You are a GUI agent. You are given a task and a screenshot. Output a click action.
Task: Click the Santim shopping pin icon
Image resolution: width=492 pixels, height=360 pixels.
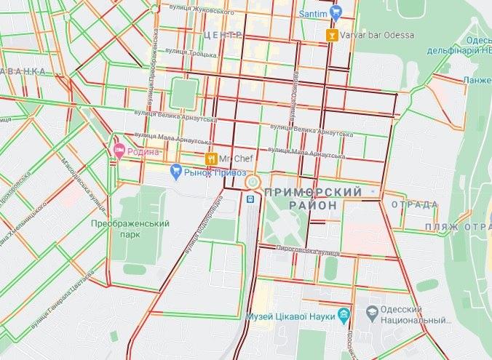(x=336, y=12)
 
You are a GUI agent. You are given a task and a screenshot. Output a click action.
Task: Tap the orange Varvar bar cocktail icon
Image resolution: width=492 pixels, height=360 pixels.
(x=332, y=35)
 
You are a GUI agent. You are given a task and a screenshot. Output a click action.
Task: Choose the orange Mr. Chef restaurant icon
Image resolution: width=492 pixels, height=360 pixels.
(x=210, y=158)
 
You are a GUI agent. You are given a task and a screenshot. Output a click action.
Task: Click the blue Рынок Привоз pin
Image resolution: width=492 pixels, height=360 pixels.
(x=175, y=172)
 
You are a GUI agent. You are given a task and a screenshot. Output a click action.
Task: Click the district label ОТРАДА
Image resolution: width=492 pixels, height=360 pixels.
(x=416, y=204)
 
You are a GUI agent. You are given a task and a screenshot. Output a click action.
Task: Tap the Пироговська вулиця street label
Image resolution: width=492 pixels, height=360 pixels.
(x=307, y=249)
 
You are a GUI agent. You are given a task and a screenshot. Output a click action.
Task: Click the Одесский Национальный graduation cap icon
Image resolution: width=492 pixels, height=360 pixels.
(x=372, y=313)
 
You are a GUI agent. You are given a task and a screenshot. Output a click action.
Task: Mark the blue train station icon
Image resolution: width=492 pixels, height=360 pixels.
(x=250, y=197)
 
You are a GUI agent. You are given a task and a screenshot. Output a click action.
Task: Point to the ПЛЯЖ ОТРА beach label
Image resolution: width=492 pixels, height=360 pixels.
(x=458, y=227)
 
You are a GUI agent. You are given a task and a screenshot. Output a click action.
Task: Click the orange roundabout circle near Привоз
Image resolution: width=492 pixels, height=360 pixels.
(x=252, y=182)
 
